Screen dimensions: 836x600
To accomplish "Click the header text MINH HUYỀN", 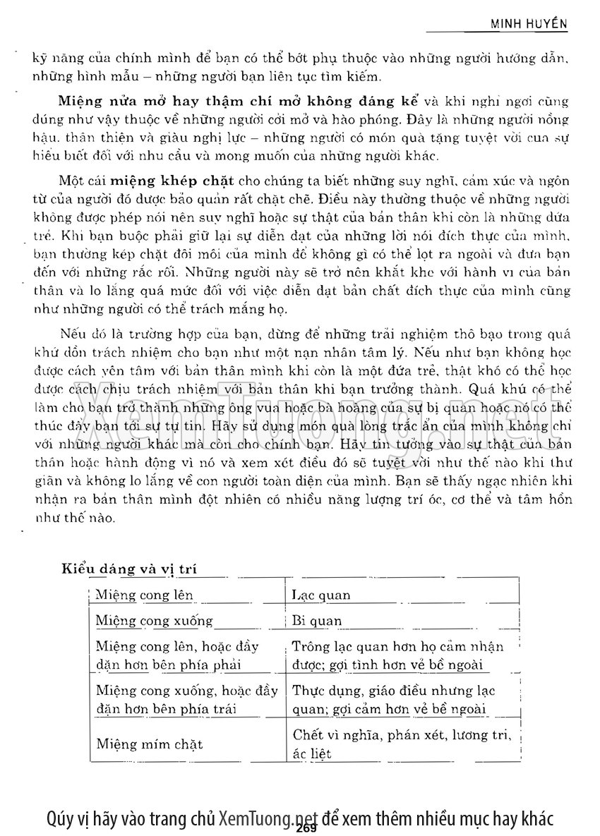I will coord(529,24).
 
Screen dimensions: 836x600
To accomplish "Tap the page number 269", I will coord(300,828).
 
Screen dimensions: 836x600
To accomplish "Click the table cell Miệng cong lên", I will coord(144,595).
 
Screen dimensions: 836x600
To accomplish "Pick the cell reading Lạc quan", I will coord(321,595).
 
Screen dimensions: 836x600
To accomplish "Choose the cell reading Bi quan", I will coord(317,622).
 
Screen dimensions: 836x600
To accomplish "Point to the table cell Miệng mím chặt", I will coord(149,744).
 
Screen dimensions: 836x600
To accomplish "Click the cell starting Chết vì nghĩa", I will coord(401,744).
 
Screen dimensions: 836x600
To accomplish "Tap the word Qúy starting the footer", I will coord(60,818).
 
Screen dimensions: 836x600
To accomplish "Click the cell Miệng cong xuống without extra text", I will coord(154,622).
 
